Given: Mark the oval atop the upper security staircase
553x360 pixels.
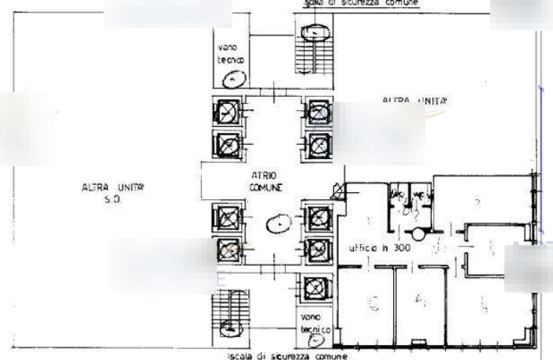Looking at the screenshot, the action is click(x=317, y=32).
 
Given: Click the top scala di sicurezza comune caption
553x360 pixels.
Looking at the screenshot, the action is click(x=355, y=4).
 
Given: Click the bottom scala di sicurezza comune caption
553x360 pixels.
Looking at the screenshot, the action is click(x=276, y=356).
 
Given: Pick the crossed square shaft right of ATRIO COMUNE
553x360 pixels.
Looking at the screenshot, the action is click(x=336, y=190).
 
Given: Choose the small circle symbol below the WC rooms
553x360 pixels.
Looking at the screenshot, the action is click(x=418, y=233).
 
